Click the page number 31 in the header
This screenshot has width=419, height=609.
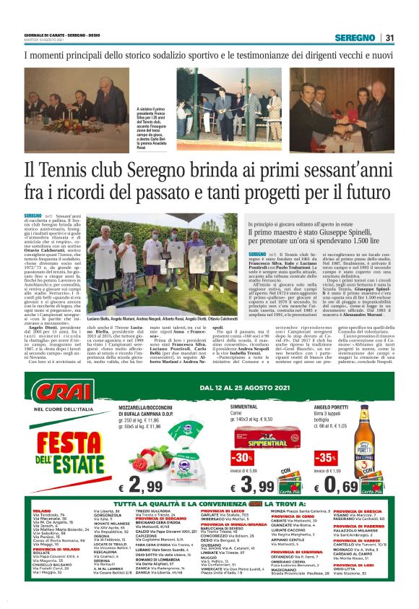click(x=389, y=38)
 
